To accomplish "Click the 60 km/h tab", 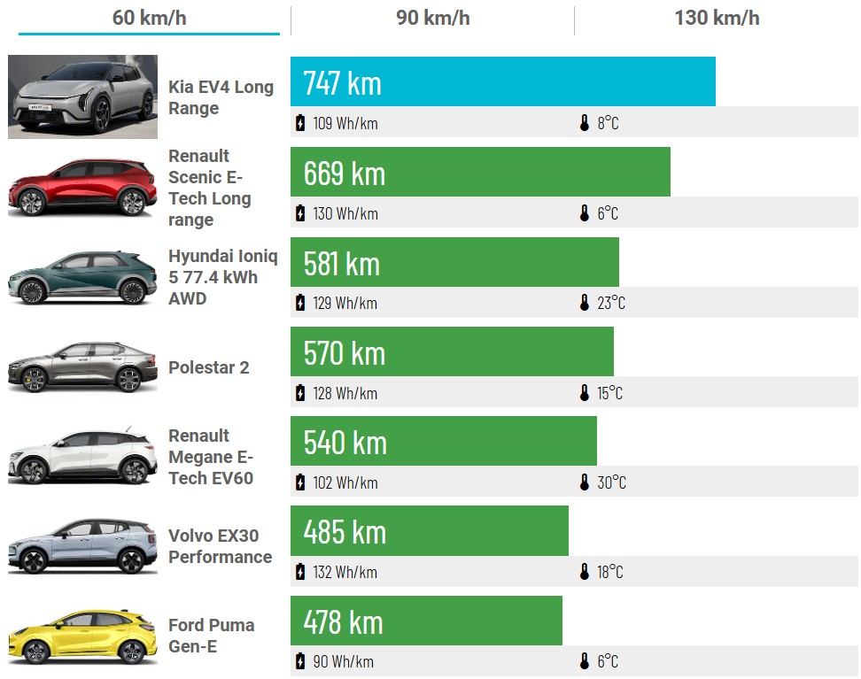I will (149, 18).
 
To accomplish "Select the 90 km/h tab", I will (432, 18).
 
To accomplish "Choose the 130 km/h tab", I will (716, 18).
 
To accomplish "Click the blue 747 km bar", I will (502, 82).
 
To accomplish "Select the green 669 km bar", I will (480, 173).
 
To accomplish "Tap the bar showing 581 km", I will (454, 262).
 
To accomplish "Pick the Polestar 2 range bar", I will (452, 352).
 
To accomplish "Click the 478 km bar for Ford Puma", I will (426, 621).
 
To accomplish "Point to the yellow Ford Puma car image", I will (82, 636).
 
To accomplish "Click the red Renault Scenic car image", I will (82, 187).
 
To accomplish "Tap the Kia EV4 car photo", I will (82, 96).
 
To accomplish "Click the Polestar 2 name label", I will (209, 367).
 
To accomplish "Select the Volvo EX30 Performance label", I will (220, 546).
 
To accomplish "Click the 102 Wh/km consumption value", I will (345, 483).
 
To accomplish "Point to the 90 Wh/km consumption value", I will (343, 662).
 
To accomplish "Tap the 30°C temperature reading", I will (611, 483).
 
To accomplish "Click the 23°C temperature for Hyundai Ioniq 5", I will (610, 304).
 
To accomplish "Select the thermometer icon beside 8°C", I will (585, 123).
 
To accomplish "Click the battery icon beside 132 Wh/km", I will (300, 572).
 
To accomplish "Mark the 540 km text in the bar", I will (345, 442).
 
